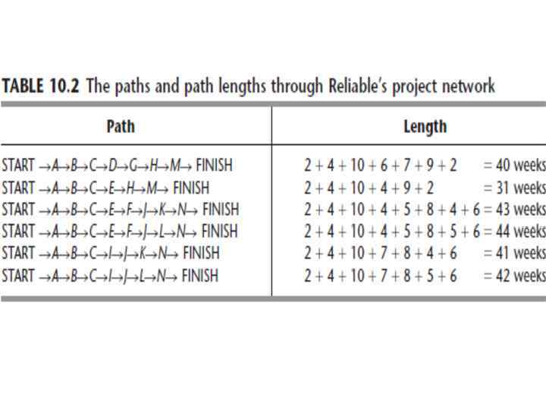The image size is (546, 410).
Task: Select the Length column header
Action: (x=425, y=126)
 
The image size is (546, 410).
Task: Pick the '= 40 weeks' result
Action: (x=514, y=165)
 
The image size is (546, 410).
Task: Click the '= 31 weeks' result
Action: (x=514, y=187)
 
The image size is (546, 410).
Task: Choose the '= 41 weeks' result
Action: (x=514, y=254)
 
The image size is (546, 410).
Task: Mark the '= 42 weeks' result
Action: (x=514, y=276)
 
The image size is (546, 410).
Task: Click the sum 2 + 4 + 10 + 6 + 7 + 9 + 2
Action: (x=380, y=165)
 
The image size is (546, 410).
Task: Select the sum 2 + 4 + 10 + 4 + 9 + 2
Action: (x=369, y=187)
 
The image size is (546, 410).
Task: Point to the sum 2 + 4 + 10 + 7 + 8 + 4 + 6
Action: (x=380, y=254)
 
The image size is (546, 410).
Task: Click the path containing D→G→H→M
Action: (x=117, y=165)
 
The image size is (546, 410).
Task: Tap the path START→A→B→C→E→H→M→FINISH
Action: (x=105, y=187)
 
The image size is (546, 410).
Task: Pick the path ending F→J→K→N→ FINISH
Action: (x=120, y=209)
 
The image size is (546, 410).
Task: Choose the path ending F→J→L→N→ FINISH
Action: (x=120, y=231)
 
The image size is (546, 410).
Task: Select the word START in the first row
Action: (x=18, y=165)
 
